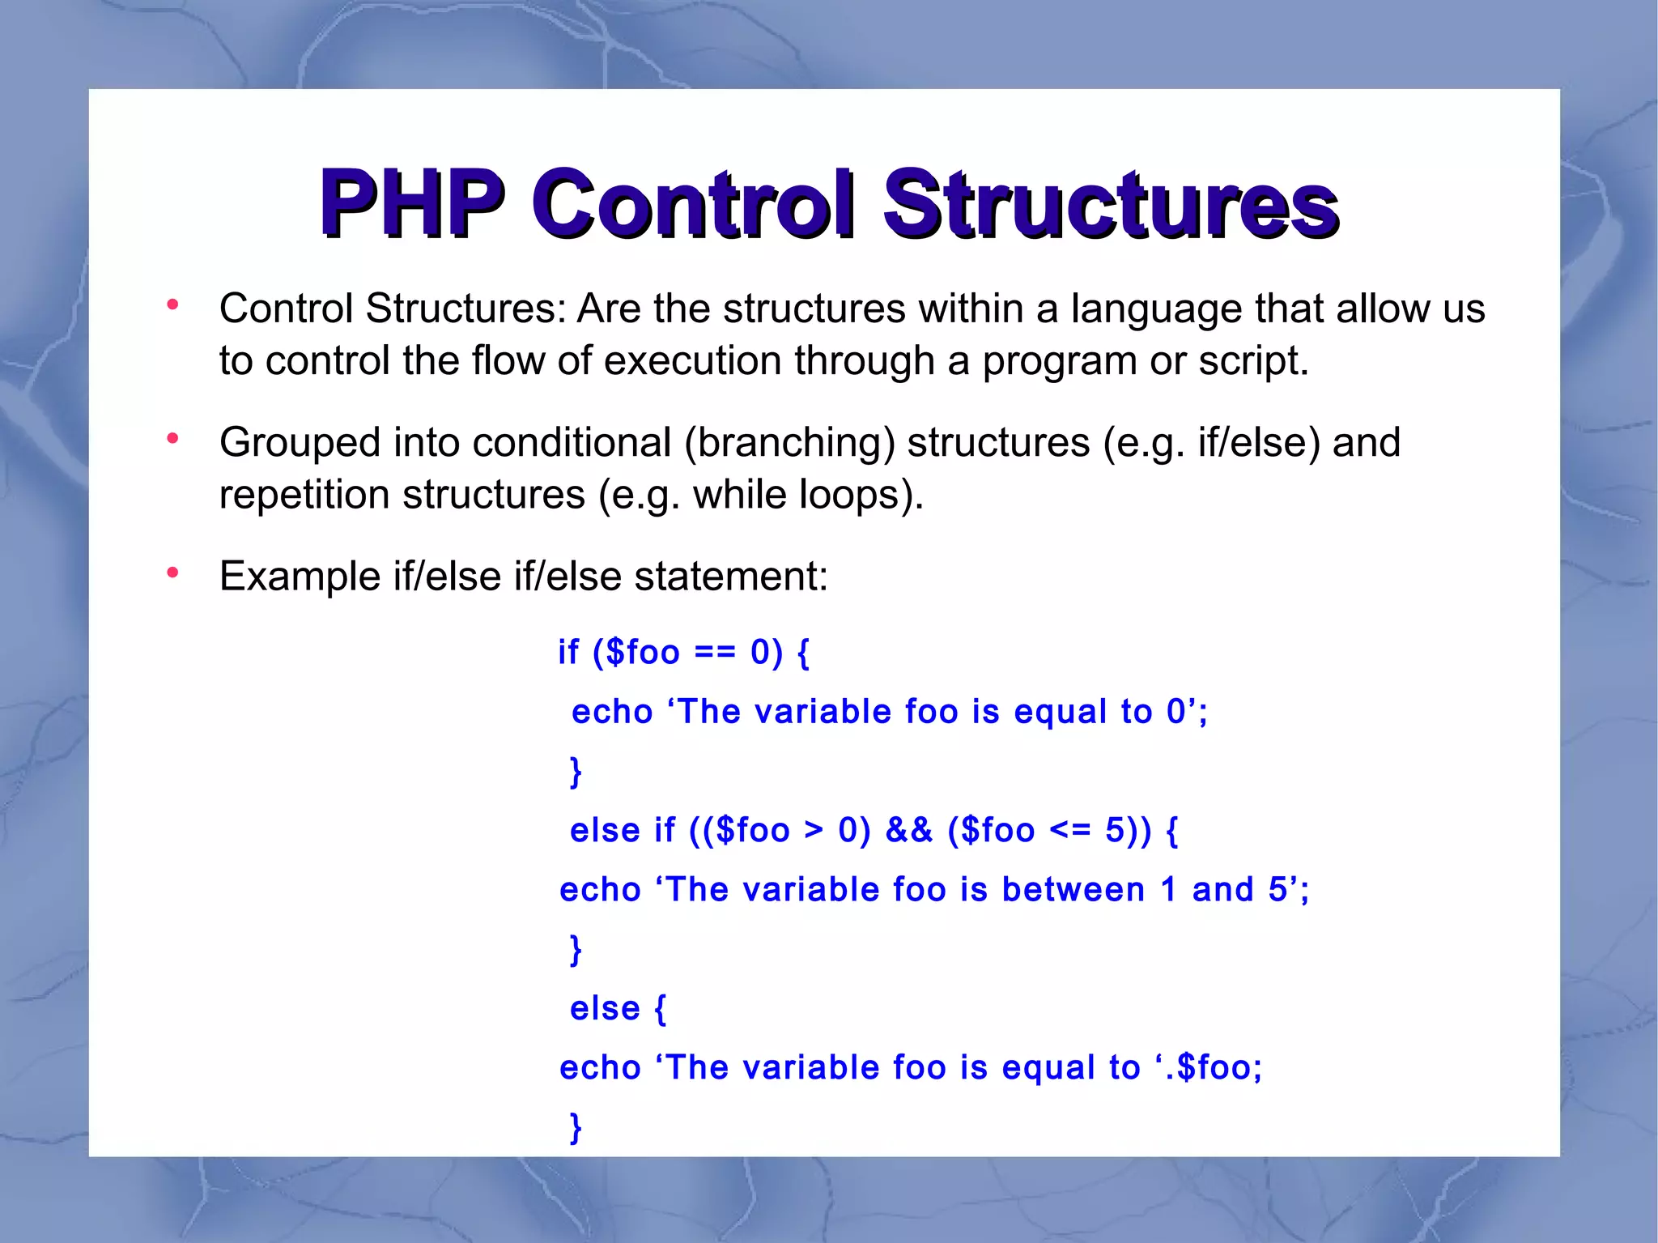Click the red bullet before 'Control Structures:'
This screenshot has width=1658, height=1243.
click(172, 305)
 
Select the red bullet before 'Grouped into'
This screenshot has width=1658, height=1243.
click(172, 439)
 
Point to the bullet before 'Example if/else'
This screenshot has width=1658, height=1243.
click(172, 573)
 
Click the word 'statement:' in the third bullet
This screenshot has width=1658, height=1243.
click(730, 577)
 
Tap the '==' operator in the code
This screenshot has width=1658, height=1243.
click(714, 653)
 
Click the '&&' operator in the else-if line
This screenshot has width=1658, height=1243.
click(908, 831)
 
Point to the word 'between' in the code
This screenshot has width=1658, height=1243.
click(1073, 890)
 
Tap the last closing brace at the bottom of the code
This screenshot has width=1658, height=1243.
click(576, 1127)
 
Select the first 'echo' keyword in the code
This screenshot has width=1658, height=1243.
click(611, 713)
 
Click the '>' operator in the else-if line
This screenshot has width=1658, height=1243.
click(813, 831)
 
